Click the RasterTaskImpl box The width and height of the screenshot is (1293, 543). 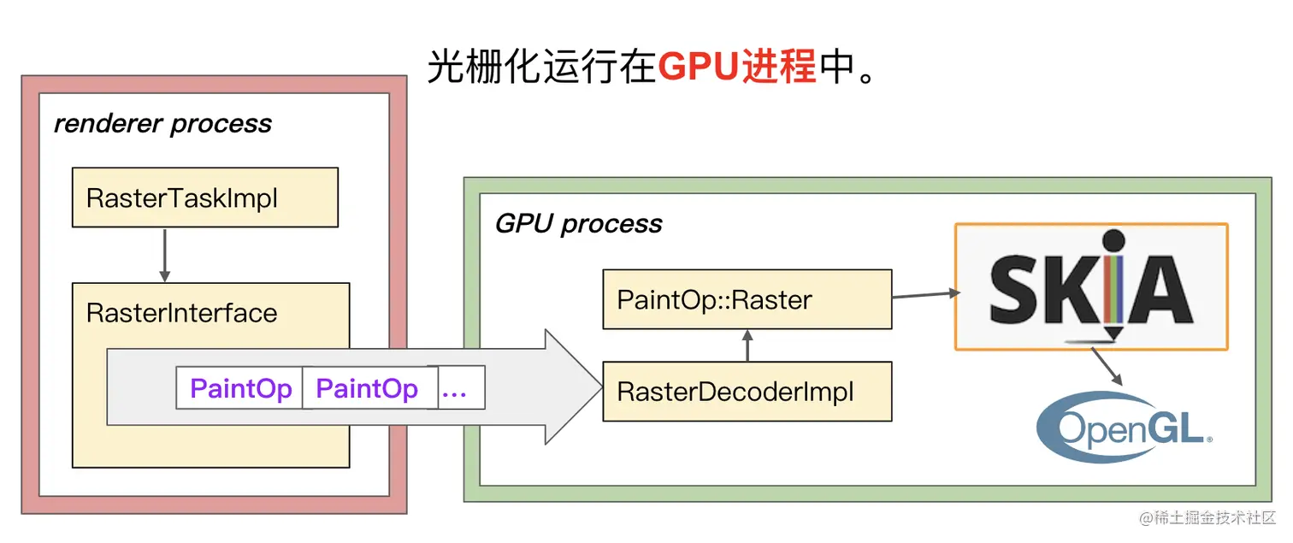tap(205, 198)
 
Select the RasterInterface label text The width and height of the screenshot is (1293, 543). tap(182, 313)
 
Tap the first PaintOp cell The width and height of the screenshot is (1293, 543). tap(239, 387)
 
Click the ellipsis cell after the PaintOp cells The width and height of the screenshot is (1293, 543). tap(461, 387)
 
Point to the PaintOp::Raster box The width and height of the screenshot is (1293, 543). tap(747, 299)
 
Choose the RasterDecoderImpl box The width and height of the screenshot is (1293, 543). tap(747, 392)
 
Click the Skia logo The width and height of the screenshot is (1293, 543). tap(1091, 286)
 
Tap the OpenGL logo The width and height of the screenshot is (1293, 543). tap(1125, 427)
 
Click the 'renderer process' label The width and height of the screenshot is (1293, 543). tap(162, 124)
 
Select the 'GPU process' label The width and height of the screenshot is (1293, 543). tap(578, 224)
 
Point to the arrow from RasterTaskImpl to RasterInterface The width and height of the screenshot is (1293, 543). tap(164, 256)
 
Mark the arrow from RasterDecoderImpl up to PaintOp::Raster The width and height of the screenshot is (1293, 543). tap(747, 345)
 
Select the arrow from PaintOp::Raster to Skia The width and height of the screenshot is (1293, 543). tap(926, 295)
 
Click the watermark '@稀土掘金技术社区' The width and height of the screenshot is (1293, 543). tap(1207, 517)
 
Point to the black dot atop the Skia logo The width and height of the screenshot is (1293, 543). tap(1113, 240)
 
